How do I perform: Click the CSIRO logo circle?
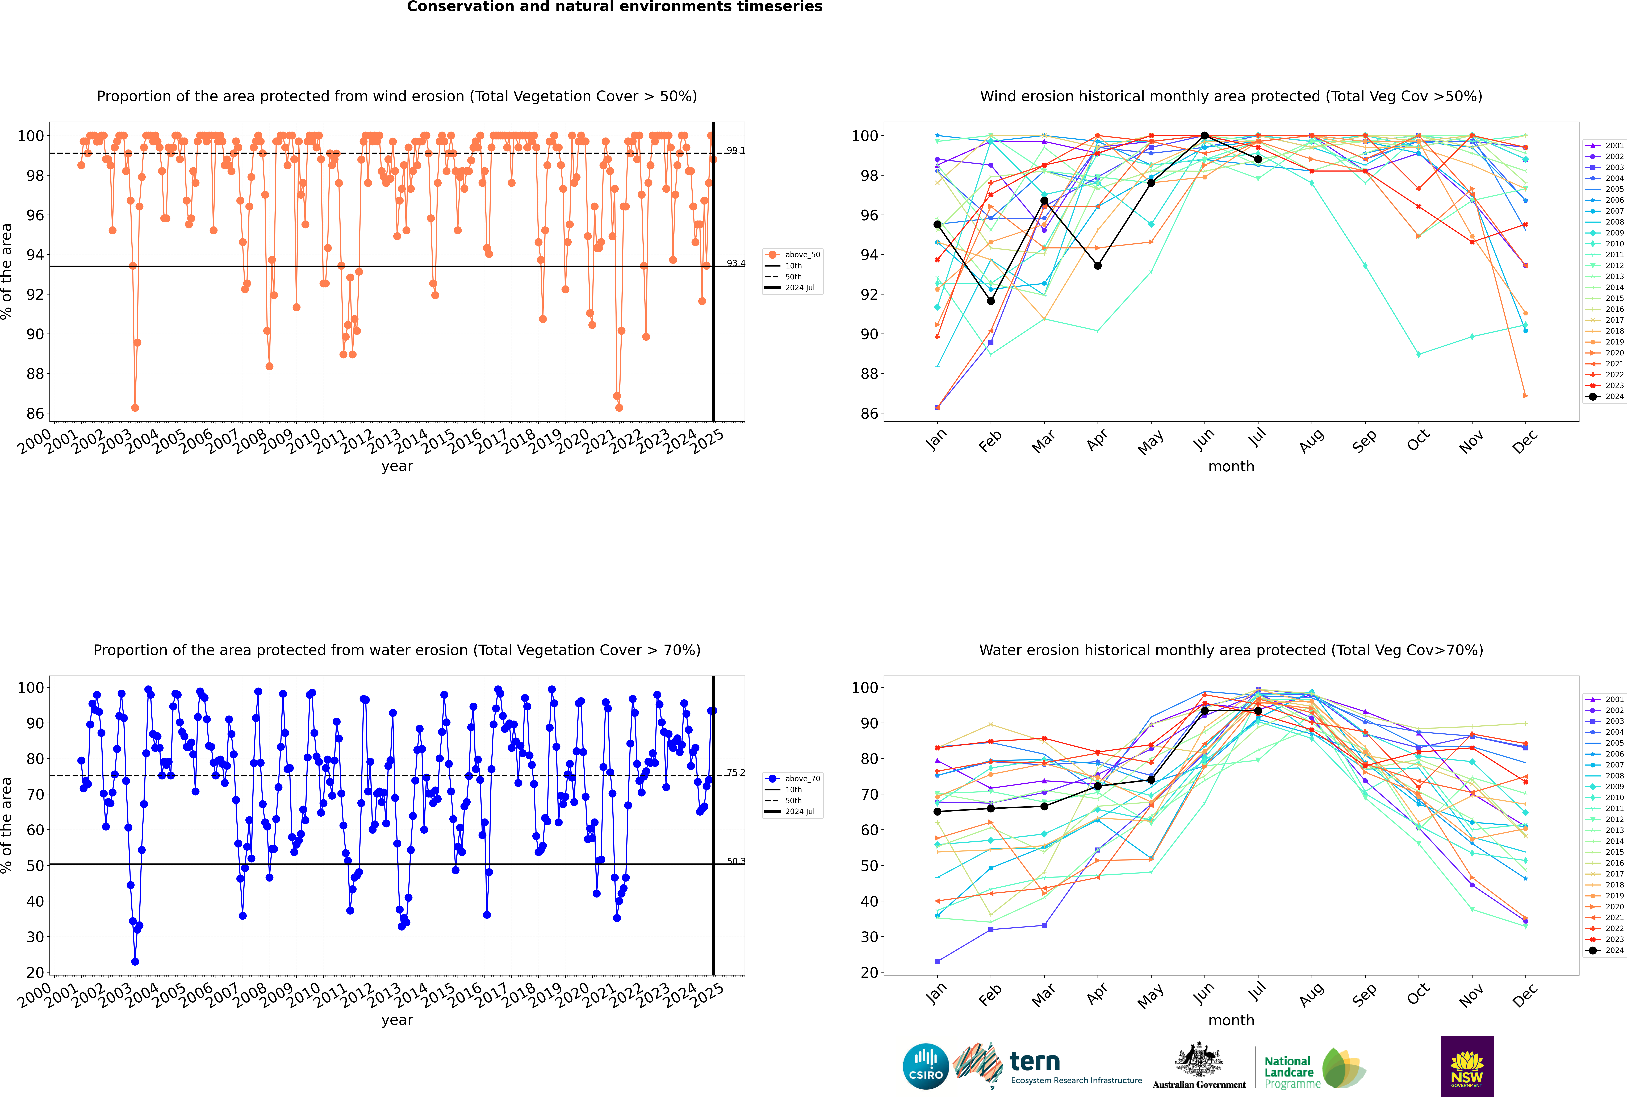pyautogui.click(x=925, y=1067)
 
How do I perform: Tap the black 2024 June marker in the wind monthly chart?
pyautogui.click(x=1204, y=136)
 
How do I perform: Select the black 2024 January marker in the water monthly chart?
pyautogui.click(x=937, y=812)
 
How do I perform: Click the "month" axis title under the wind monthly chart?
pyautogui.click(x=1231, y=467)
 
